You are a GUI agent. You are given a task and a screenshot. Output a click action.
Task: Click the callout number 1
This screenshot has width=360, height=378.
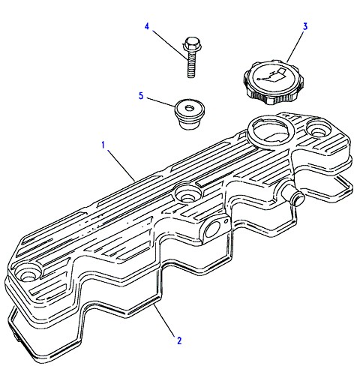coord(103,145)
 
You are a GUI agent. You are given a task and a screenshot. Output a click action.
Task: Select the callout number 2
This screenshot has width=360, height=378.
coord(179,340)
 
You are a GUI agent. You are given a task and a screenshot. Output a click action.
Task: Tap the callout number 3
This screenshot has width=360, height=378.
coord(305,26)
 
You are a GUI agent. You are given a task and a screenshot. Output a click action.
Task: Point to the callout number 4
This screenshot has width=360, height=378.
coord(147,26)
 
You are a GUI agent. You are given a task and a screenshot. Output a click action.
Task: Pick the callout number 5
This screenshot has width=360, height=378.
coord(141,95)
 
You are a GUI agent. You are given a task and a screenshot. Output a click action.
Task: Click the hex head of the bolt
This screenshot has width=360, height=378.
coord(192,43)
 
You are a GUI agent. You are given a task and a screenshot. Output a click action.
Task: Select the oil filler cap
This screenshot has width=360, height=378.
coord(274,82)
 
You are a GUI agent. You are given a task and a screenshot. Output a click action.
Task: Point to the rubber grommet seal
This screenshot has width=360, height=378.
coord(190,114)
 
